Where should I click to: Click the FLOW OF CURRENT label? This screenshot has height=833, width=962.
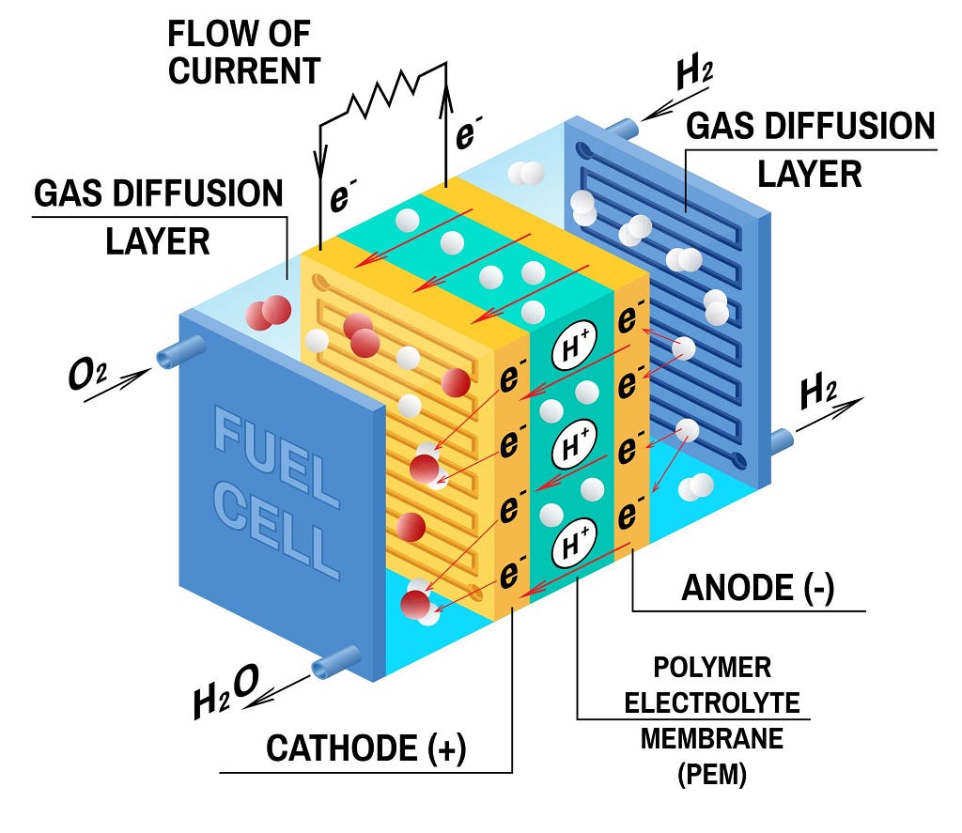point(244,53)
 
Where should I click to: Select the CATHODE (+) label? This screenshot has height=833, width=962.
point(366,748)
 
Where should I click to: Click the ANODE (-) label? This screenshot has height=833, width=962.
point(758,588)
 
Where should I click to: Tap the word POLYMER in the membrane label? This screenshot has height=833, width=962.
point(712,668)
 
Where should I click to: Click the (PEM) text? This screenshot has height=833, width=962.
point(712,774)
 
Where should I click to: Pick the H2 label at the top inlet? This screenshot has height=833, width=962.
point(694,73)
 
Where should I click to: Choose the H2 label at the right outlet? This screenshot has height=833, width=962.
point(818,393)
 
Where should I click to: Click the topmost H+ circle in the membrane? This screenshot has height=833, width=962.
point(574,346)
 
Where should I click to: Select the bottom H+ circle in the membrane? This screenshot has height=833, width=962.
point(574,543)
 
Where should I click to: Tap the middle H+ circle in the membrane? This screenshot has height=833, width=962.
point(574,445)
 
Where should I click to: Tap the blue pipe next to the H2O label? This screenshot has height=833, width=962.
point(335,662)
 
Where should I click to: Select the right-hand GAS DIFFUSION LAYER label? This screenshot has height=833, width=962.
point(810,149)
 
